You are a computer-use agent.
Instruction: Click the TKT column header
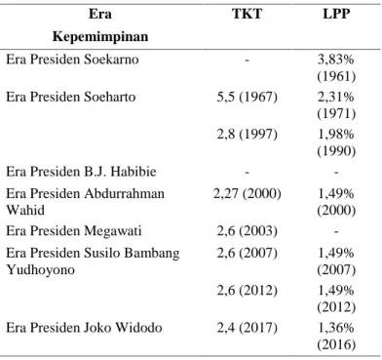click(247, 14)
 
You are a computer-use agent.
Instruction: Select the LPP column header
click(336, 14)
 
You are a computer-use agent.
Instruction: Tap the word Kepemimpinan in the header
click(100, 36)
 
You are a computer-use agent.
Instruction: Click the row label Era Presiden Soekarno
click(72, 60)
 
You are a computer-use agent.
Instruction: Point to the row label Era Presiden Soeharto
click(71, 97)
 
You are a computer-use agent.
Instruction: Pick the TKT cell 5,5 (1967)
click(248, 98)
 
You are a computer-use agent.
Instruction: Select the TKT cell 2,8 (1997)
click(248, 135)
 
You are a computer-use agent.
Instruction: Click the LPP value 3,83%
click(336, 60)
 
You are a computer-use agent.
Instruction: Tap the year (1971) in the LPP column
click(336, 114)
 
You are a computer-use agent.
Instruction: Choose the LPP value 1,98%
click(336, 135)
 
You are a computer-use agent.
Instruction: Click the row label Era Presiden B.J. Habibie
click(81, 172)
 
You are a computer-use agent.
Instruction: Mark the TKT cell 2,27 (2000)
click(248, 194)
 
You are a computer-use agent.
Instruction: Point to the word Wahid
click(25, 210)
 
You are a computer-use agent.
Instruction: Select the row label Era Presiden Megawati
click(74, 231)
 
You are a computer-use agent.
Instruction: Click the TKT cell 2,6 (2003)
click(248, 231)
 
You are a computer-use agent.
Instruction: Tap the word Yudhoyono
click(41, 269)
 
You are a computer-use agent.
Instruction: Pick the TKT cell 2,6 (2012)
click(248, 291)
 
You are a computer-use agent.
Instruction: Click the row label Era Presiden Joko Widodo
click(84, 328)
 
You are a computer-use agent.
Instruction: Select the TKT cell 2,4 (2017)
click(248, 328)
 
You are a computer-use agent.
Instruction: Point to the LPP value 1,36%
click(336, 328)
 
